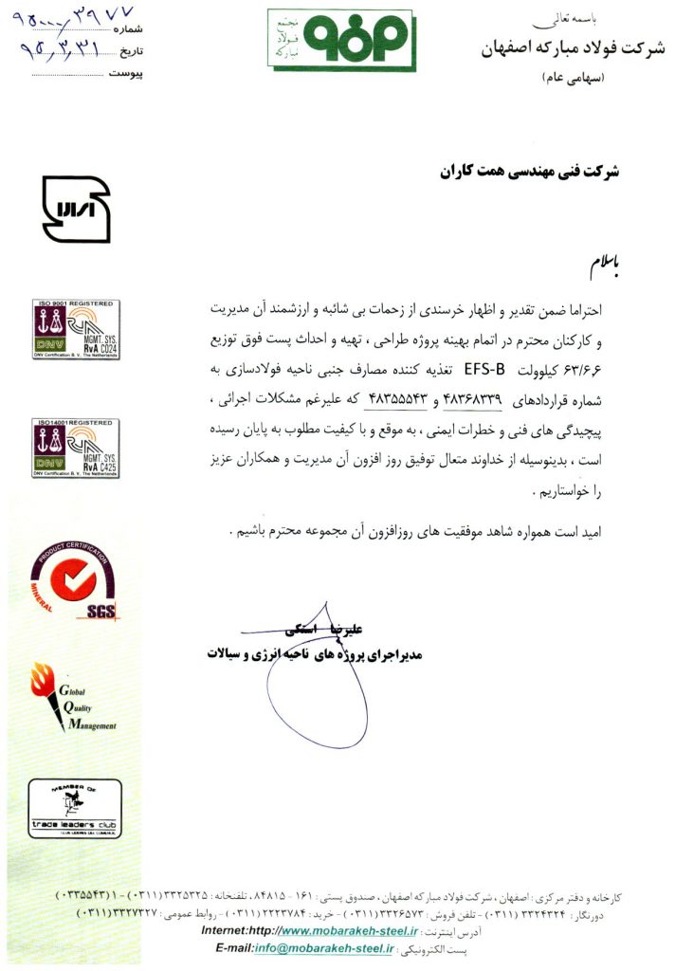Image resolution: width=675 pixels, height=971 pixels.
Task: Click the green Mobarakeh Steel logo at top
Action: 340,39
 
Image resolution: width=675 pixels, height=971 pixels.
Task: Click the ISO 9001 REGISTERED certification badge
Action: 75,329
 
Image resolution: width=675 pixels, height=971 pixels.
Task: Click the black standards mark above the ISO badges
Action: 76,210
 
